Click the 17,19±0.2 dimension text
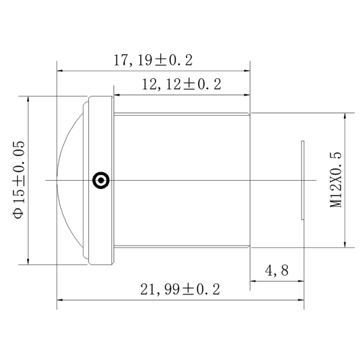[153, 61]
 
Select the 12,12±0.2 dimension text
[182, 84]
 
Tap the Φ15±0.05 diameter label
[19, 180]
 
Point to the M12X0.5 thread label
[335, 180]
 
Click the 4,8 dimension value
[277, 271]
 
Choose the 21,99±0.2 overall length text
[180, 289]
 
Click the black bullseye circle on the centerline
[101, 180]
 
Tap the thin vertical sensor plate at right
[303, 180]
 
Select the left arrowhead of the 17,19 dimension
[59, 71]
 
